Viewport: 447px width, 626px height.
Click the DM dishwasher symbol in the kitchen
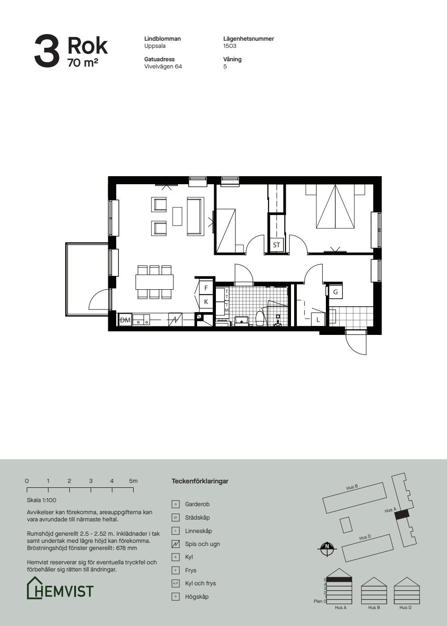[125, 320]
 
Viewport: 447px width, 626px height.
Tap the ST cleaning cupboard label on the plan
[276, 245]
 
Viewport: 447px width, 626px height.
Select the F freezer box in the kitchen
[206, 288]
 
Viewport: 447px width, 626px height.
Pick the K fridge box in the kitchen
[206, 302]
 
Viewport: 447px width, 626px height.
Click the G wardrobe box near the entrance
[336, 292]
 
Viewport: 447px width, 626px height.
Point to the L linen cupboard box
[318, 319]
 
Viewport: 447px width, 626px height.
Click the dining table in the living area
[155, 282]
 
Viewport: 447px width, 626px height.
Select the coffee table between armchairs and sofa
[177, 216]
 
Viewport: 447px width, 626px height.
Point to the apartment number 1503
[230, 46]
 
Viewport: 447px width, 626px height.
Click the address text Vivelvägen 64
[163, 67]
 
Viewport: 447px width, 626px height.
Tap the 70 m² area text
[83, 63]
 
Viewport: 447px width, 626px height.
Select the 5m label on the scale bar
[133, 481]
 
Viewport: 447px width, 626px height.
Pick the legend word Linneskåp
[198, 531]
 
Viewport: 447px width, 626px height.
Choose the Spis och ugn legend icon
[175, 544]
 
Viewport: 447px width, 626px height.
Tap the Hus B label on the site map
[352, 487]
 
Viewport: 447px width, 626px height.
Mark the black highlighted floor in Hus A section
[339, 579]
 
